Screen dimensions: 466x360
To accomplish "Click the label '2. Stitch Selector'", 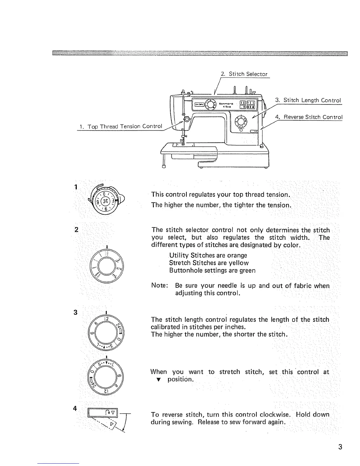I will coord(244,74).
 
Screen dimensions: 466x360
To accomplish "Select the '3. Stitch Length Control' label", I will coord(308,100).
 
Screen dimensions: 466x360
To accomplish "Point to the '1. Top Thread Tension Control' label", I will coord(121,127).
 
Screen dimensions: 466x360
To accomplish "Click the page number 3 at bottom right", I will coord(340,447).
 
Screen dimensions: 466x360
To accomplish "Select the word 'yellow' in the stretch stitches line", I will coord(239,263).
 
